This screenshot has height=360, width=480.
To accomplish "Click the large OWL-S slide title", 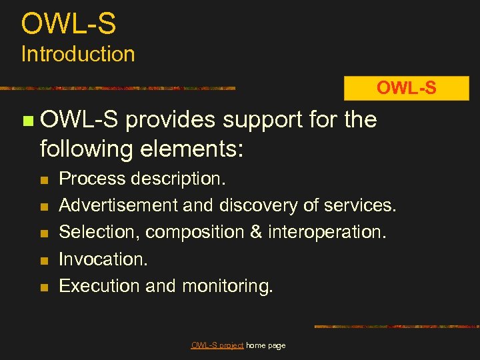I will click(69, 24).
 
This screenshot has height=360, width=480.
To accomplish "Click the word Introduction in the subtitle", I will click(78, 54).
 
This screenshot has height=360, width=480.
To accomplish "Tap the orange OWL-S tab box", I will click(406, 88).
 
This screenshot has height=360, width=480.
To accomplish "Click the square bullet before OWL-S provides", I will click(27, 121).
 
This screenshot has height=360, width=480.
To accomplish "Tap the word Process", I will click(92, 179).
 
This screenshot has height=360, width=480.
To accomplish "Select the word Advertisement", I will click(119, 205).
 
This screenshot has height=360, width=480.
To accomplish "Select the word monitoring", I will click(227, 286).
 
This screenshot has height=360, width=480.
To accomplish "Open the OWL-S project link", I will click(217, 345).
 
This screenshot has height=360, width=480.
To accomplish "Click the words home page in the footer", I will click(266, 345).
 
